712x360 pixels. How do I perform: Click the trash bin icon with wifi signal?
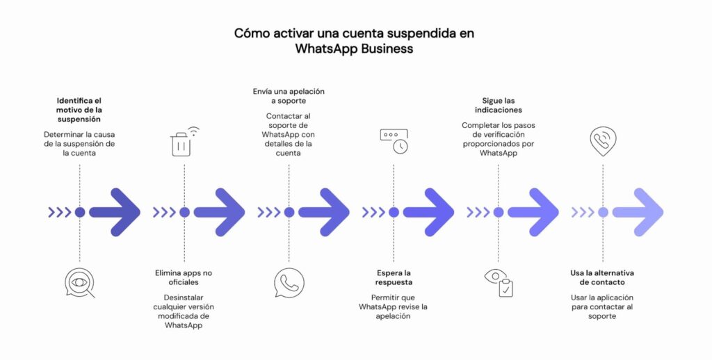[x=184, y=142]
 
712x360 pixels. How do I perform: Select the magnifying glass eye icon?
[x=79, y=283]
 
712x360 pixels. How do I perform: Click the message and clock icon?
[x=394, y=141]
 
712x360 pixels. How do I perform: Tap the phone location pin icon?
[x=602, y=141]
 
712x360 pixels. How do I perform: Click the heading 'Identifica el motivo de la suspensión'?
[x=79, y=110]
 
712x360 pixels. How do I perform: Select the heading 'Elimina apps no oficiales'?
[x=184, y=277]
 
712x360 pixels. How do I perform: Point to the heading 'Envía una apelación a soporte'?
[x=289, y=96]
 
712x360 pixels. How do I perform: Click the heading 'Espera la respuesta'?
[x=394, y=277]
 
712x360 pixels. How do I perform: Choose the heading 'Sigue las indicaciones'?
[x=498, y=105]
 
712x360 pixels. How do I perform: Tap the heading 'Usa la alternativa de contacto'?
[x=602, y=277]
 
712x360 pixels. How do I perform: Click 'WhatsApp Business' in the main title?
[x=354, y=49]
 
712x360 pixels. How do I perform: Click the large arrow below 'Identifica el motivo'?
[x=115, y=212]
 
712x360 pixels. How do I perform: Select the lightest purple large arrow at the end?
[x=638, y=212]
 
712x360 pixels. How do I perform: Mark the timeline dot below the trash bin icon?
[x=184, y=212]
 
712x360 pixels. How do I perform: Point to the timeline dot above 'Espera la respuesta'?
[x=394, y=212]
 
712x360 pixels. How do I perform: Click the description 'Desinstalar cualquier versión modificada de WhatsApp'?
[x=184, y=311]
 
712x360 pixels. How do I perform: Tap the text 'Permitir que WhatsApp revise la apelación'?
[x=394, y=306]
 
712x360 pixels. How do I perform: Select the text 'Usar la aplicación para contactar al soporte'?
[x=602, y=306]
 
